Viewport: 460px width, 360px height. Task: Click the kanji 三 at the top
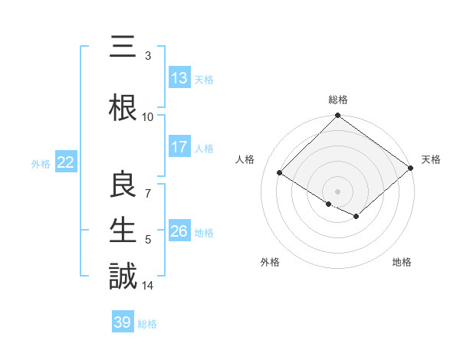(x=122, y=47)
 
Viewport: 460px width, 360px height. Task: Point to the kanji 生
(x=122, y=230)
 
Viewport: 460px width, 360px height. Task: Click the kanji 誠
(x=122, y=276)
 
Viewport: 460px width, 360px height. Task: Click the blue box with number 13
(x=179, y=78)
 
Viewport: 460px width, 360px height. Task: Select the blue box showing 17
(x=179, y=147)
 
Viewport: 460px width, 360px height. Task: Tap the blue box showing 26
(x=179, y=231)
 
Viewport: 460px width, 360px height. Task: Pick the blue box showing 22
(x=65, y=162)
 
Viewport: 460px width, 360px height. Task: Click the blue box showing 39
(x=123, y=322)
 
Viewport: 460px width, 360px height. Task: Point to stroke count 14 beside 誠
(x=148, y=286)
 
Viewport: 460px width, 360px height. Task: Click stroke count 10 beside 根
(x=148, y=116)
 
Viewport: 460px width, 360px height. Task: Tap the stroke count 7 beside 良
(x=148, y=194)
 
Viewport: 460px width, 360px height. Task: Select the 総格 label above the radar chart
(x=338, y=100)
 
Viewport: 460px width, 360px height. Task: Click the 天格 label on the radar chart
(x=431, y=159)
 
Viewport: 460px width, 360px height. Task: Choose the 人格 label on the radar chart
(x=245, y=159)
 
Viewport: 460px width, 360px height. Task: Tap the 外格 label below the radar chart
(x=270, y=262)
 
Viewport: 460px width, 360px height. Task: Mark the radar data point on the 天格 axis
(x=411, y=169)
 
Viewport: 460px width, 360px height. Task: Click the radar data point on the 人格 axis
(x=280, y=172)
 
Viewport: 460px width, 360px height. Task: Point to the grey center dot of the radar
(x=337, y=191)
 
